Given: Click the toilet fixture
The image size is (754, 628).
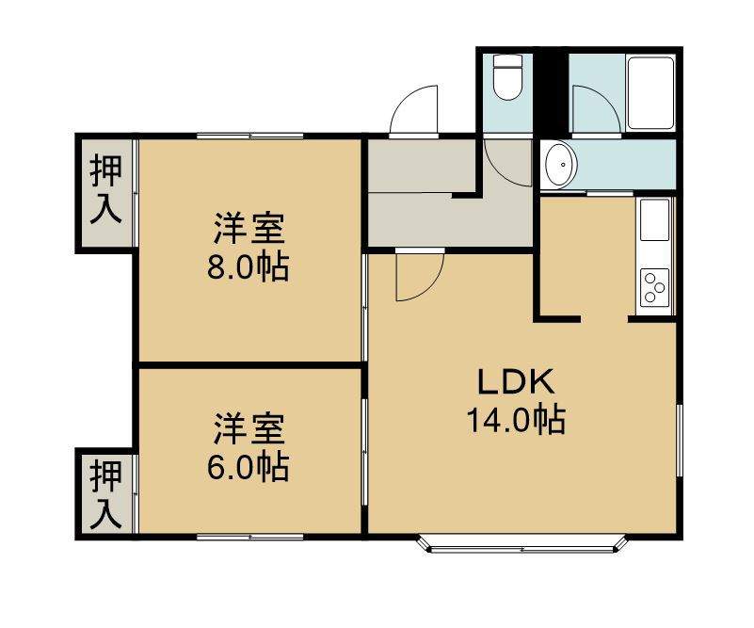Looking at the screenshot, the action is click(x=507, y=77).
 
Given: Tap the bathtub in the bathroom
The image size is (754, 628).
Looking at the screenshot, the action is click(x=650, y=93).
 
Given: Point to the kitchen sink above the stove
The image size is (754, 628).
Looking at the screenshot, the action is click(x=654, y=219).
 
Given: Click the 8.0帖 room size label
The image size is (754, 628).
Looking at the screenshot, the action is click(x=249, y=267).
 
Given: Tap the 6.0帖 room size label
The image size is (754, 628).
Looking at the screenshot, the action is click(x=249, y=467).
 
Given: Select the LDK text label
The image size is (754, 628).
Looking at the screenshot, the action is click(x=516, y=383).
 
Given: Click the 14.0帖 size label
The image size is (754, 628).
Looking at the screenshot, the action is click(x=517, y=420).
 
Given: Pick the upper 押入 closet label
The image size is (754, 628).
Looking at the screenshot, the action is click(x=105, y=190).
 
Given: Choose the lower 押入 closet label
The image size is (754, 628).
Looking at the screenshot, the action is click(x=105, y=494).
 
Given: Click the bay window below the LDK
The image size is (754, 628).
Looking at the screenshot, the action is click(x=522, y=544).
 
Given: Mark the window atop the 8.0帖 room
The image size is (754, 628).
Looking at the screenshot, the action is click(x=250, y=136).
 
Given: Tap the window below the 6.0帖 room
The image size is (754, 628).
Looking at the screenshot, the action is click(x=250, y=537).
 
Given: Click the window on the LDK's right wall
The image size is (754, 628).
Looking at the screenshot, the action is click(x=680, y=441).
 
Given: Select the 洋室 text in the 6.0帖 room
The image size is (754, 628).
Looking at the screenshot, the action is click(x=249, y=429).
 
